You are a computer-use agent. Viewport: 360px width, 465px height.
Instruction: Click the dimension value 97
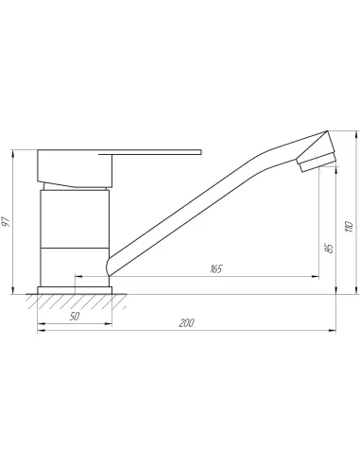[x=7, y=221]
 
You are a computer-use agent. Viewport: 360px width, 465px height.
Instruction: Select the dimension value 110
[x=350, y=227]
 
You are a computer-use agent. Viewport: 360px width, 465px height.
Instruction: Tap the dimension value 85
[x=329, y=248]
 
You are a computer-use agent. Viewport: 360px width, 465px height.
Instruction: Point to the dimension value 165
[x=216, y=268]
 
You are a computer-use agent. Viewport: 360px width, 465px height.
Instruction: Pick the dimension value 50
[x=75, y=316]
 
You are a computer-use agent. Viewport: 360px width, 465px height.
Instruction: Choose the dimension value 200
[x=186, y=323]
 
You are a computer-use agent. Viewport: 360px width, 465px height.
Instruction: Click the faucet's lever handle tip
[x=200, y=152]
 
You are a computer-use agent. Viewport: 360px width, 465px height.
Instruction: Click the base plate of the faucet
[x=75, y=290]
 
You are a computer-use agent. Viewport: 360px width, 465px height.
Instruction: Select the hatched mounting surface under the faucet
[x=77, y=301]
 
